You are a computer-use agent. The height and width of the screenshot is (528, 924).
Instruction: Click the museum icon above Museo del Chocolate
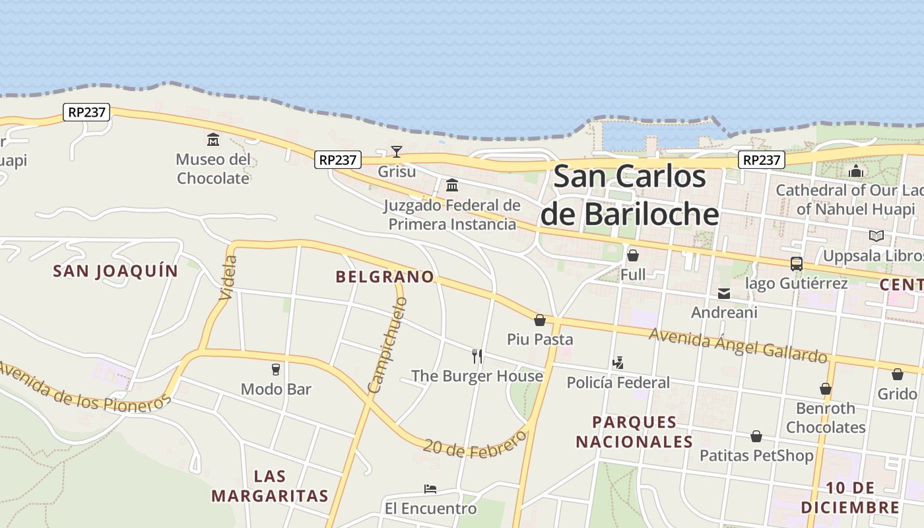point(213,139)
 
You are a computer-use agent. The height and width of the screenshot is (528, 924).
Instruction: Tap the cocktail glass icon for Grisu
point(396,152)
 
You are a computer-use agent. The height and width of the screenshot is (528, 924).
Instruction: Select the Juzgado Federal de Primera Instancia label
point(452,214)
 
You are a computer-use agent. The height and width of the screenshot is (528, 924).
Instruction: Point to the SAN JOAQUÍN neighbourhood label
point(115,271)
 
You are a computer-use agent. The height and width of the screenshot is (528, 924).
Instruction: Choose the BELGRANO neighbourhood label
point(385,277)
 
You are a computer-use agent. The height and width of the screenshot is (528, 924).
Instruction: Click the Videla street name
point(226,277)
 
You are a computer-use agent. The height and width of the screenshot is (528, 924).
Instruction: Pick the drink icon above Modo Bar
point(276,369)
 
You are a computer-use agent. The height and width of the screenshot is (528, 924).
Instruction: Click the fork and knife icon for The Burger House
point(477,356)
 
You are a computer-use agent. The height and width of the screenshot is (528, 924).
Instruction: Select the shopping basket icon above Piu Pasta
point(540,320)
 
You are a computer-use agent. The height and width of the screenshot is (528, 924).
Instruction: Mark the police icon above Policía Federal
point(618,362)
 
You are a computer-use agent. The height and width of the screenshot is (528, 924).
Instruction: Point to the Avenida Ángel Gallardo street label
point(738,345)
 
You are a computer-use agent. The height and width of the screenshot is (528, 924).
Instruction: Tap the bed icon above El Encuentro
point(430,489)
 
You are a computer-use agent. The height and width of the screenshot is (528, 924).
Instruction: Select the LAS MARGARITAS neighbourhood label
point(270,486)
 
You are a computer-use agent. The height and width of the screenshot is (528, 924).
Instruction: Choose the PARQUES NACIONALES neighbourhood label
point(634,432)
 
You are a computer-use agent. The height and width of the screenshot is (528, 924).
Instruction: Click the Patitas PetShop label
point(756,455)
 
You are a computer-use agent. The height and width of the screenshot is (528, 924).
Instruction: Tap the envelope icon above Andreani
point(724,294)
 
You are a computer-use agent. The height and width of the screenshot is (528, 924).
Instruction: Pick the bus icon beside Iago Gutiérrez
point(797,264)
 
